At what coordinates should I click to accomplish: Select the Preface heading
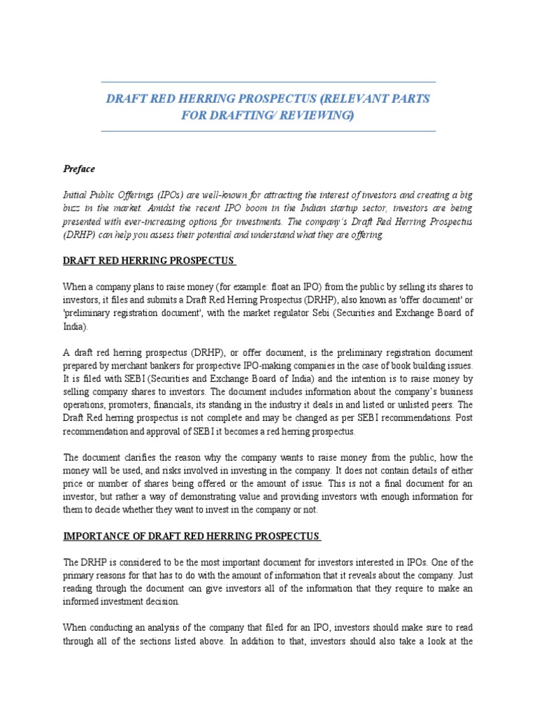79,169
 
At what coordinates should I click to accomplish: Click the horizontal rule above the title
268,82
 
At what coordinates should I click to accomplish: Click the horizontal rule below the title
268,131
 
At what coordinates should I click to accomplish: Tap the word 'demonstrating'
195,497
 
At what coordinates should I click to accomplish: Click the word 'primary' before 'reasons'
80,575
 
